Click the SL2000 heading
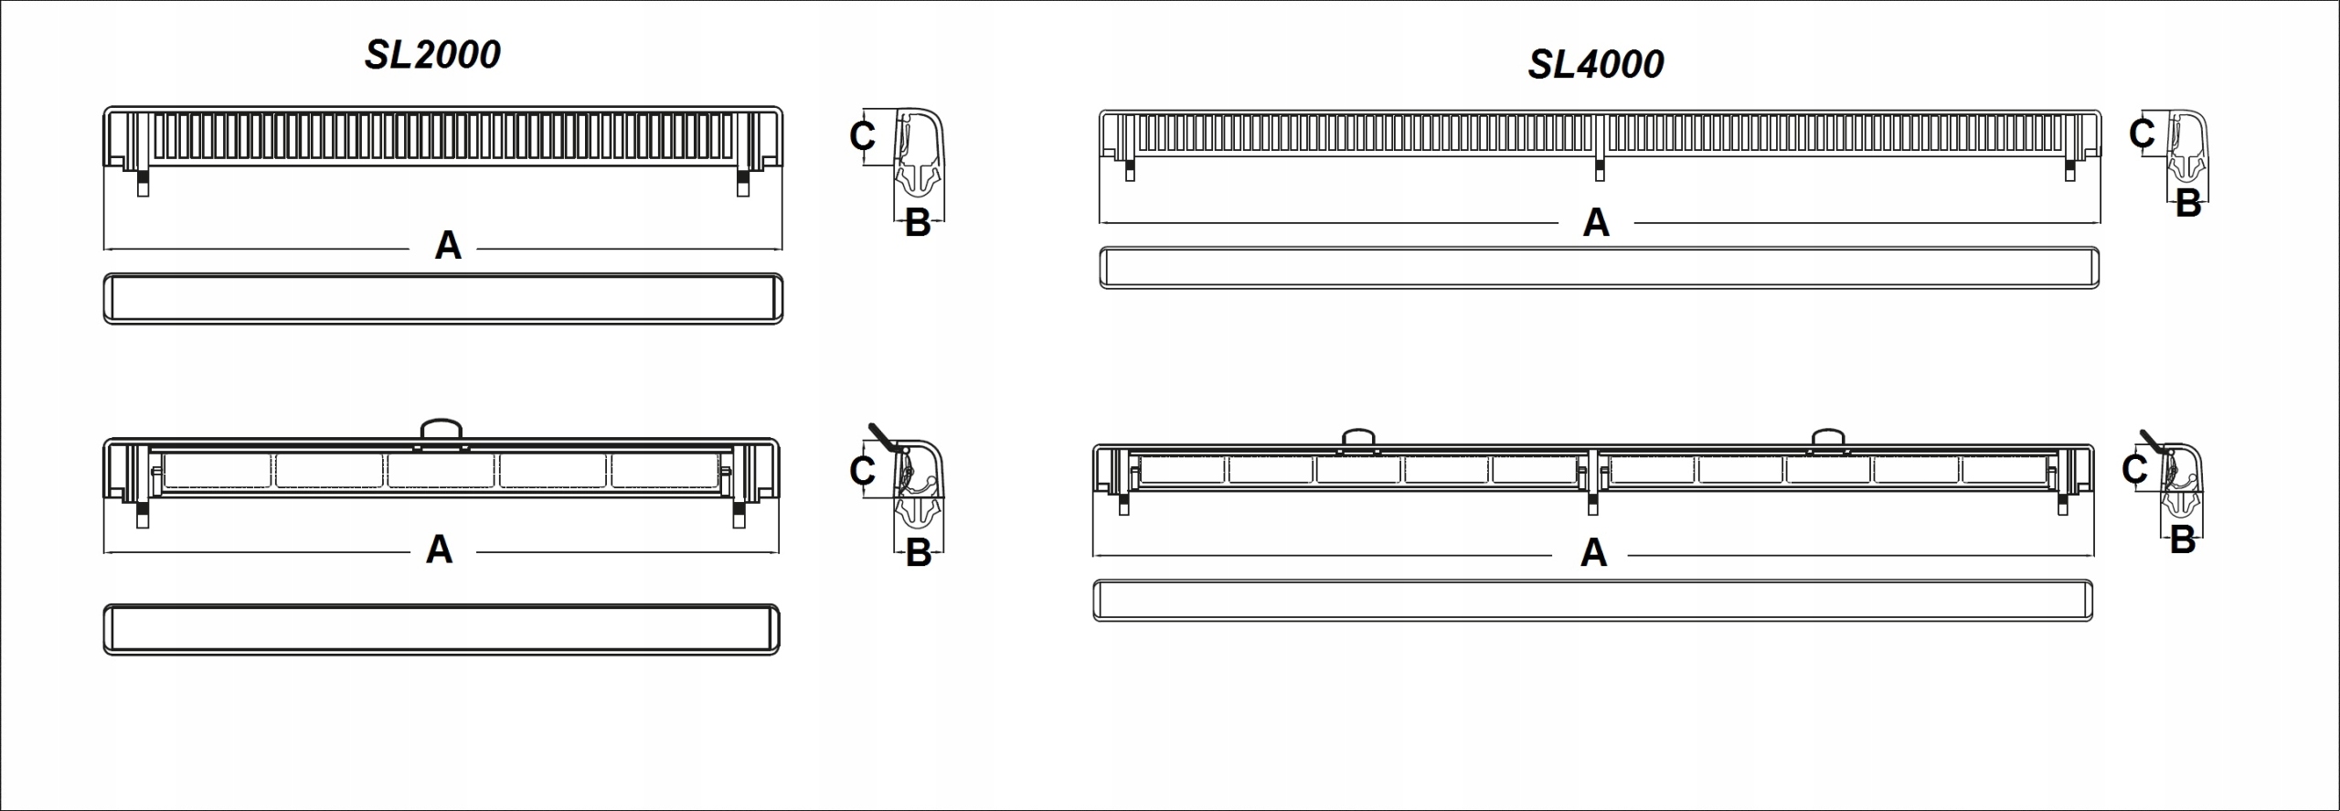click(x=432, y=55)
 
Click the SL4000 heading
click(x=1596, y=64)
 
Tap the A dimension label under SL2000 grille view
click(x=448, y=245)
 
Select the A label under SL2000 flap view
click(x=440, y=550)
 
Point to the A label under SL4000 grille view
click(x=1596, y=222)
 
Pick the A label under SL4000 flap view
click(x=1593, y=552)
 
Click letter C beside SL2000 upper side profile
click(x=862, y=136)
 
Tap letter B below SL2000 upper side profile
click(x=918, y=223)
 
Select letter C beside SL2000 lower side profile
click(x=862, y=471)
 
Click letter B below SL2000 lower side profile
click(x=918, y=553)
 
